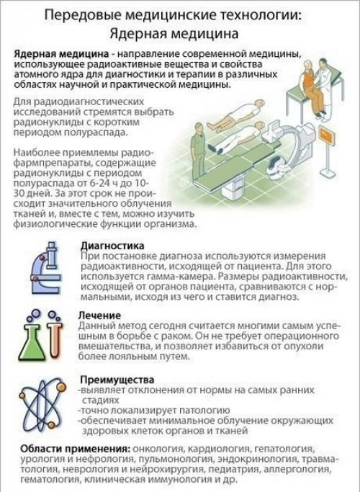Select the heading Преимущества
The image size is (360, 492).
pyautogui.click(x=115, y=380)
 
